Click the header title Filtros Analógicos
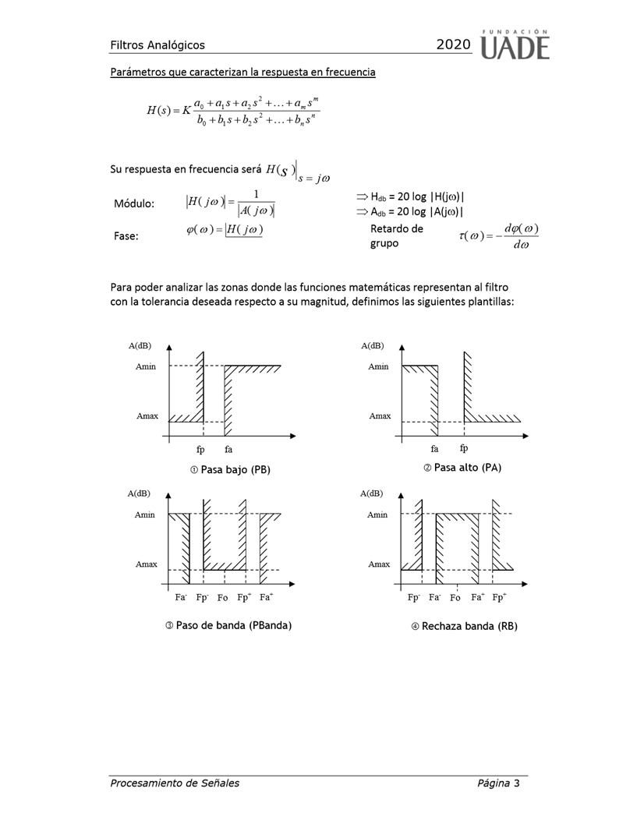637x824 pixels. [157, 45]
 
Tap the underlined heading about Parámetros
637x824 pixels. [242, 72]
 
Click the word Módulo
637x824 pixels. [133, 203]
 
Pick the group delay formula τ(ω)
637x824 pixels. [499, 235]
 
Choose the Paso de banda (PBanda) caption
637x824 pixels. [228, 625]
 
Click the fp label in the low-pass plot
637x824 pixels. [201, 450]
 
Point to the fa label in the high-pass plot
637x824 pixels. [434, 448]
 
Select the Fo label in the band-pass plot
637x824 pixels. [222, 599]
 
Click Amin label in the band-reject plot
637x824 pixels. [379, 515]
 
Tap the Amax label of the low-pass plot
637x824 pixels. [147, 416]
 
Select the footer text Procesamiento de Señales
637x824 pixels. [174, 783]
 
